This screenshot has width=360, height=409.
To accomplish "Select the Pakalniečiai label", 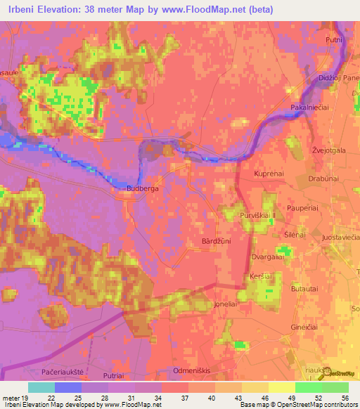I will coord(311,107).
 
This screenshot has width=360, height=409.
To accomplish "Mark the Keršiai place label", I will coord(262,278).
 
